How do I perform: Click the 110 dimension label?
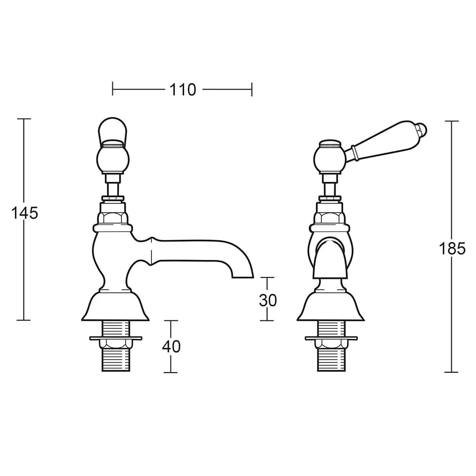pos(183,89)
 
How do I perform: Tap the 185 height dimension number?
pos(452,248)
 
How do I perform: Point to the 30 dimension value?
pos(268,300)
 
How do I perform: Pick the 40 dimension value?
pos(171,347)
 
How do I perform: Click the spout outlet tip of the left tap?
pos(243,275)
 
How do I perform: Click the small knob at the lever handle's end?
pos(423,128)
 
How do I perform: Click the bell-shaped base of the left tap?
pos(115,307)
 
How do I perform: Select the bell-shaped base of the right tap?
pos(330,307)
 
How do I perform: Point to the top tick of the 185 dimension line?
pos(451,121)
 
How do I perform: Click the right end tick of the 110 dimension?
pos(251,89)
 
